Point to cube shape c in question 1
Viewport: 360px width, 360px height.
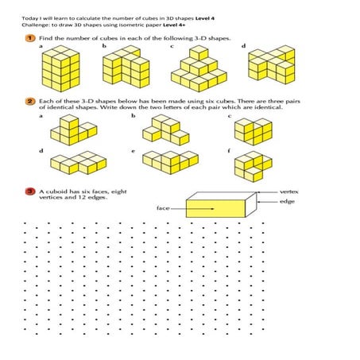pos(193,72)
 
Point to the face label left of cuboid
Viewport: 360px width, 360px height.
pos(163,207)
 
